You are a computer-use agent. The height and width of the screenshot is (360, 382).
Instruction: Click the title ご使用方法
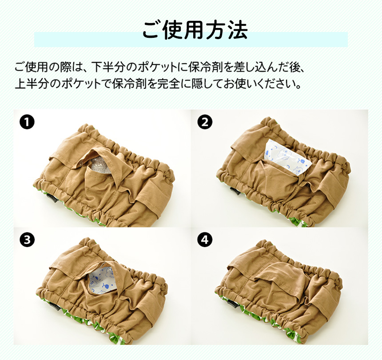click(x=191, y=30)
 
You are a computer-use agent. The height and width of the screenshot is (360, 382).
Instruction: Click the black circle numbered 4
click(x=205, y=240)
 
